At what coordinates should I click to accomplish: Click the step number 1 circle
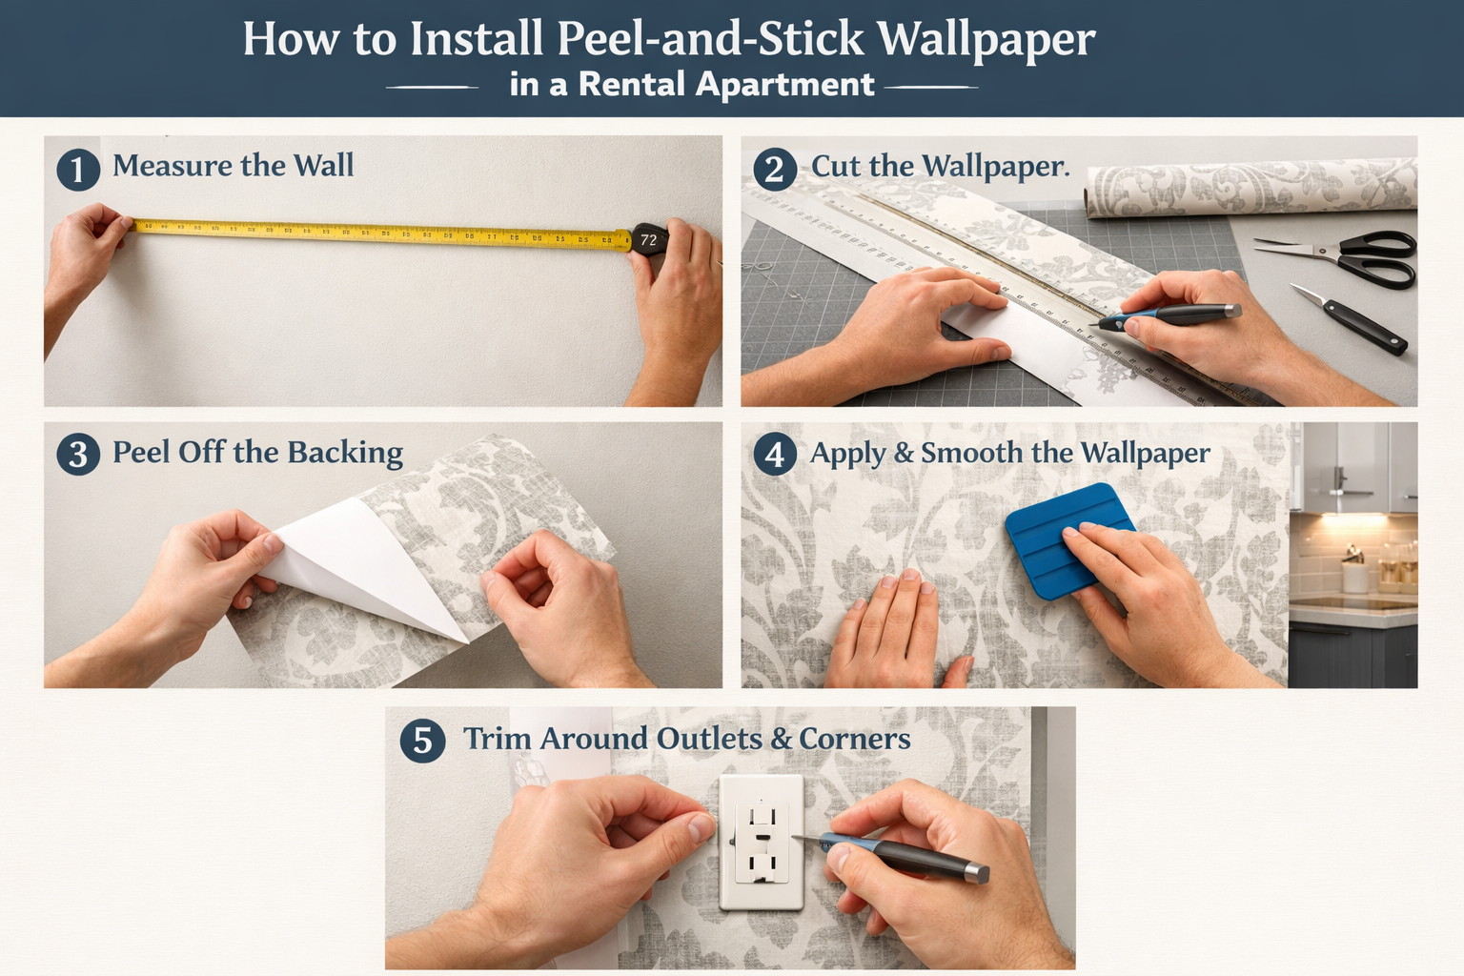78,170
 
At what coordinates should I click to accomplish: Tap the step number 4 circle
775,455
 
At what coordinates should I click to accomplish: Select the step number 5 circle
423,742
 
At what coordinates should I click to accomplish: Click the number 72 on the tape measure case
649,240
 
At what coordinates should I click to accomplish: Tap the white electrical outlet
760,841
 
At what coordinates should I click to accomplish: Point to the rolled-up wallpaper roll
1249,188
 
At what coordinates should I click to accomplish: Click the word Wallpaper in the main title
986,40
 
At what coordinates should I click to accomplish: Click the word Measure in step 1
172,166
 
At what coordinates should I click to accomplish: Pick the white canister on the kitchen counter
1353,576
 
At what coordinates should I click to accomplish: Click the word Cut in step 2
835,166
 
